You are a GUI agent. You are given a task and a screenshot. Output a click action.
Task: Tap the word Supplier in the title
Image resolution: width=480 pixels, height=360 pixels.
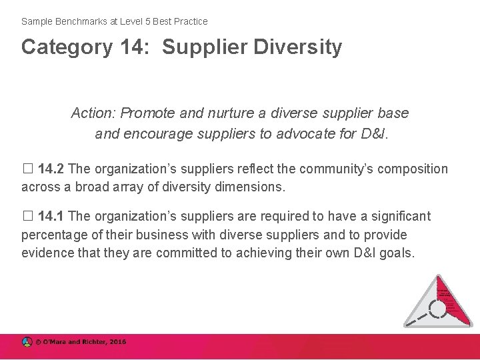tap(205, 47)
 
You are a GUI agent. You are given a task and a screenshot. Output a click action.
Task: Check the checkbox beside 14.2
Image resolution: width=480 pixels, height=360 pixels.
tap(27, 169)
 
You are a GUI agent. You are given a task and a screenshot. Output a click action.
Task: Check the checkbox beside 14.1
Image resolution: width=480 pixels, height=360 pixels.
tap(27, 217)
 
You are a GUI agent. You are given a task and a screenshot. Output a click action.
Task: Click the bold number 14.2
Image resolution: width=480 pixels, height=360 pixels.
tap(51, 169)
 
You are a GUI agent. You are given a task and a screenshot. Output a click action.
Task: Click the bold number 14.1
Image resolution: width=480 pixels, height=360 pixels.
tap(51, 217)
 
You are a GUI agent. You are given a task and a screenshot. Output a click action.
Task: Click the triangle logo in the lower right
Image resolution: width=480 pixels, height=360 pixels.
tap(438, 303)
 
